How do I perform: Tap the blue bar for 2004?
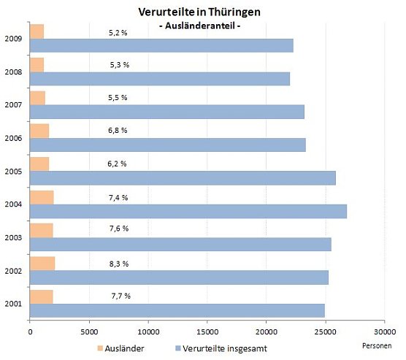[188, 211]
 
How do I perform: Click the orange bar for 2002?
[42, 263]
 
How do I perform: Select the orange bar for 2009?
[37, 32]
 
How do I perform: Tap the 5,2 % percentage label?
[117, 32]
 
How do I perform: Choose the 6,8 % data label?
[117, 130]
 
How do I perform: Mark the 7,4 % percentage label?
[117, 196]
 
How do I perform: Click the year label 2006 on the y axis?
[12, 138]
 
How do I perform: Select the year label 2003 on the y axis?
[12, 237]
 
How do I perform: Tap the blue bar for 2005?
[182, 178]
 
